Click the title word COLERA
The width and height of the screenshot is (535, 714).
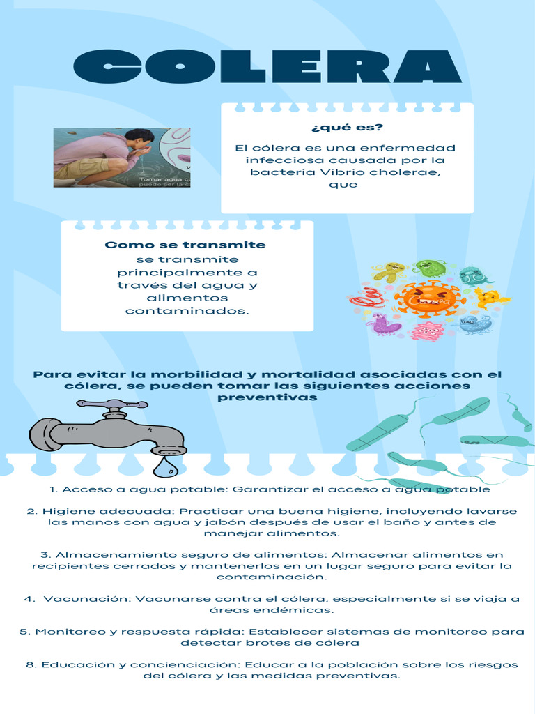267,67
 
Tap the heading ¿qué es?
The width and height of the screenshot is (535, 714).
347,127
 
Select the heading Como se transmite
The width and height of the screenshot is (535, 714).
185,245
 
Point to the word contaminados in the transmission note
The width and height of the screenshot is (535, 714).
187,310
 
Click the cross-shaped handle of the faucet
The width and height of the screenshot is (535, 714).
111,404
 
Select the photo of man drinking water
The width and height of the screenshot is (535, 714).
121,157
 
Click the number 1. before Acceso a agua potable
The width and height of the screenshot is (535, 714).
54,489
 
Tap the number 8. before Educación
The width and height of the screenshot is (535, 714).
31,664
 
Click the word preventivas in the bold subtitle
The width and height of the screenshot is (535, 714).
267,397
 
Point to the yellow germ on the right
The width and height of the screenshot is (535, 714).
490,298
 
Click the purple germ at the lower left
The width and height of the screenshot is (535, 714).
385,324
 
